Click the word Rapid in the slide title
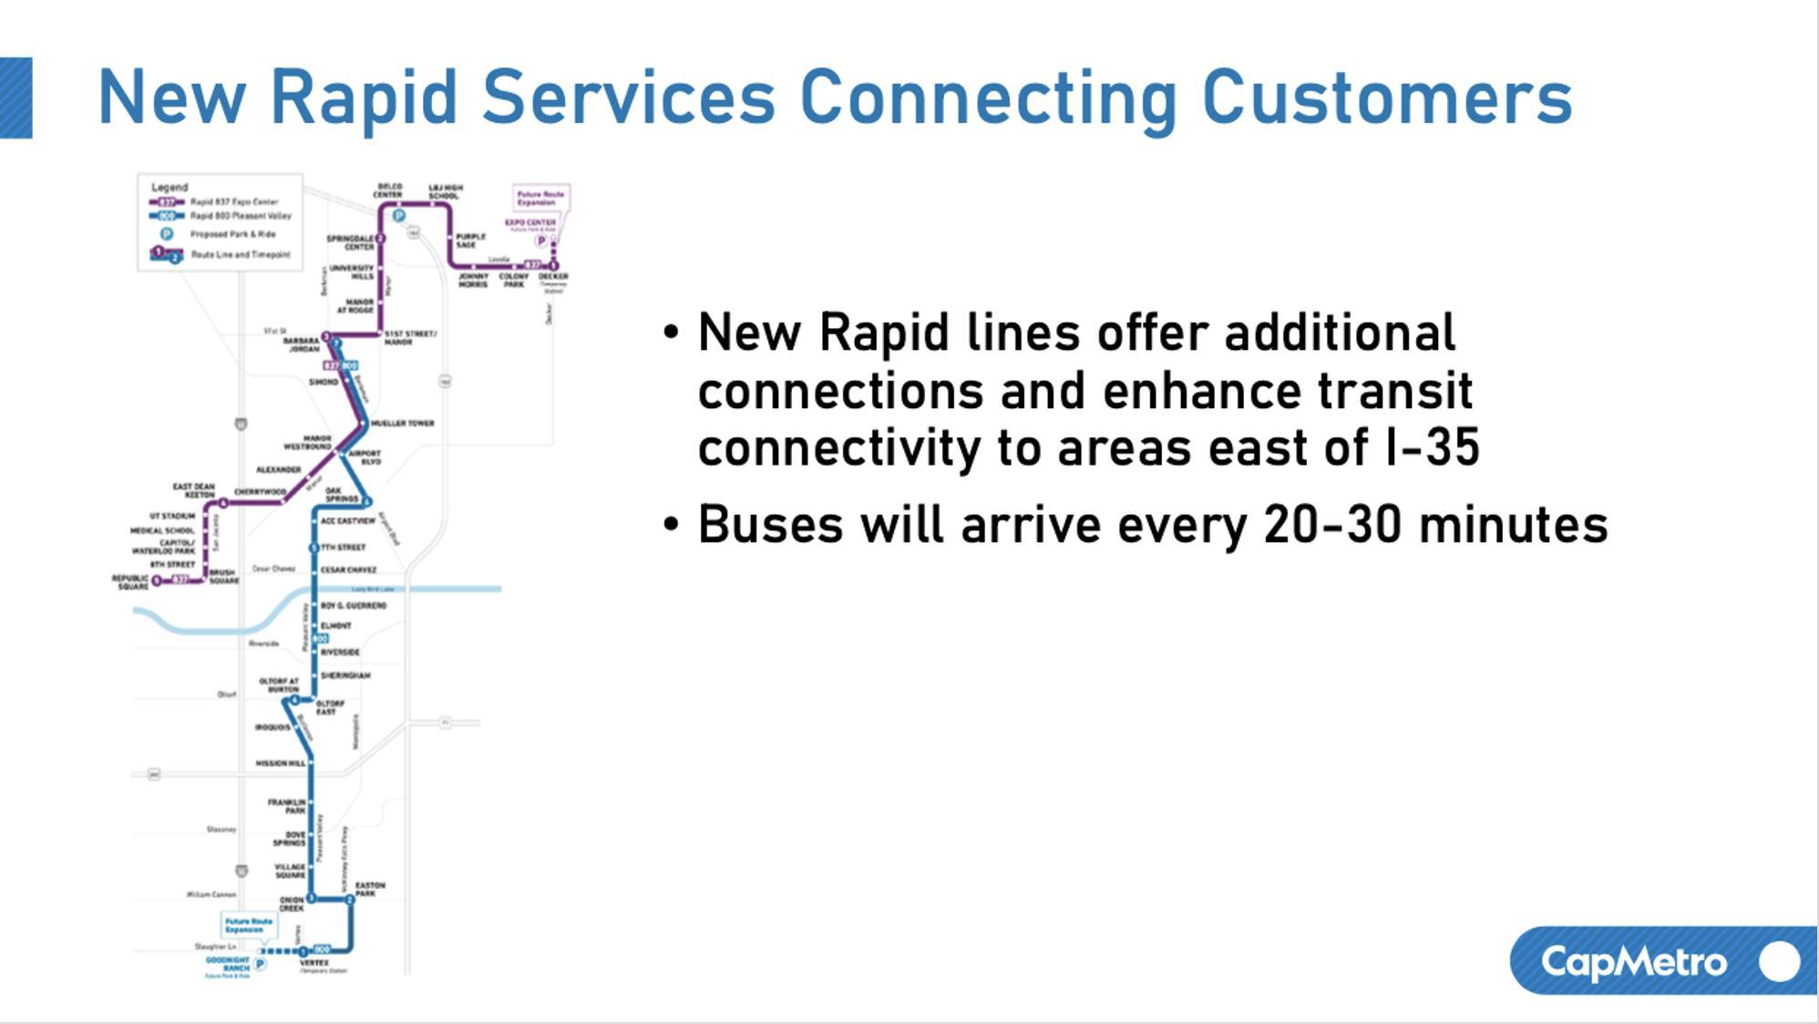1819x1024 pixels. pyautogui.click(x=364, y=98)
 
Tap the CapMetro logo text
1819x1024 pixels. pyautogui.click(x=1633, y=962)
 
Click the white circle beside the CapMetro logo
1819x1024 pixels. pyautogui.click(x=1779, y=961)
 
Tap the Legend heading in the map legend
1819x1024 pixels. pyautogui.click(x=170, y=187)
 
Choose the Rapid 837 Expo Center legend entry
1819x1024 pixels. pyautogui.click(x=233, y=201)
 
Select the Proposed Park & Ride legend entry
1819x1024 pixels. pyautogui.click(x=231, y=234)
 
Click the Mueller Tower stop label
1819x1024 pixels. pyautogui.click(x=402, y=424)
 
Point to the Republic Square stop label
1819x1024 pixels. pyautogui.click(x=130, y=582)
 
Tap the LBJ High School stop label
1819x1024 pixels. pyautogui.click(x=445, y=191)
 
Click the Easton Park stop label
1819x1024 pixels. pyautogui.click(x=369, y=889)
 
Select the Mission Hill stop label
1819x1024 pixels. pyautogui.click(x=280, y=763)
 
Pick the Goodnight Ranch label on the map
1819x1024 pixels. pyautogui.click(x=227, y=964)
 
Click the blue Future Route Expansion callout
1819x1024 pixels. pyautogui.click(x=248, y=926)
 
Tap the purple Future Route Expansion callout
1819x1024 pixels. pyautogui.click(x=540, y=198)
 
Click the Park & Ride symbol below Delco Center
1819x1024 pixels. pyautogui.click(x=398, y=216)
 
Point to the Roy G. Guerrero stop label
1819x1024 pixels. pyautogui.click(x=354, y=606)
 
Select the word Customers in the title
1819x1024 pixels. pyautogui.click(x=1387, y=98)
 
